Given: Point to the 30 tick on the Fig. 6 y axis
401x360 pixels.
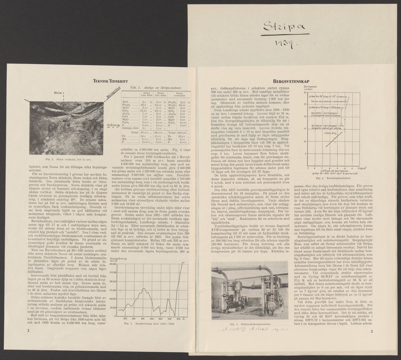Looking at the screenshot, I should click(x=304, y=93).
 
